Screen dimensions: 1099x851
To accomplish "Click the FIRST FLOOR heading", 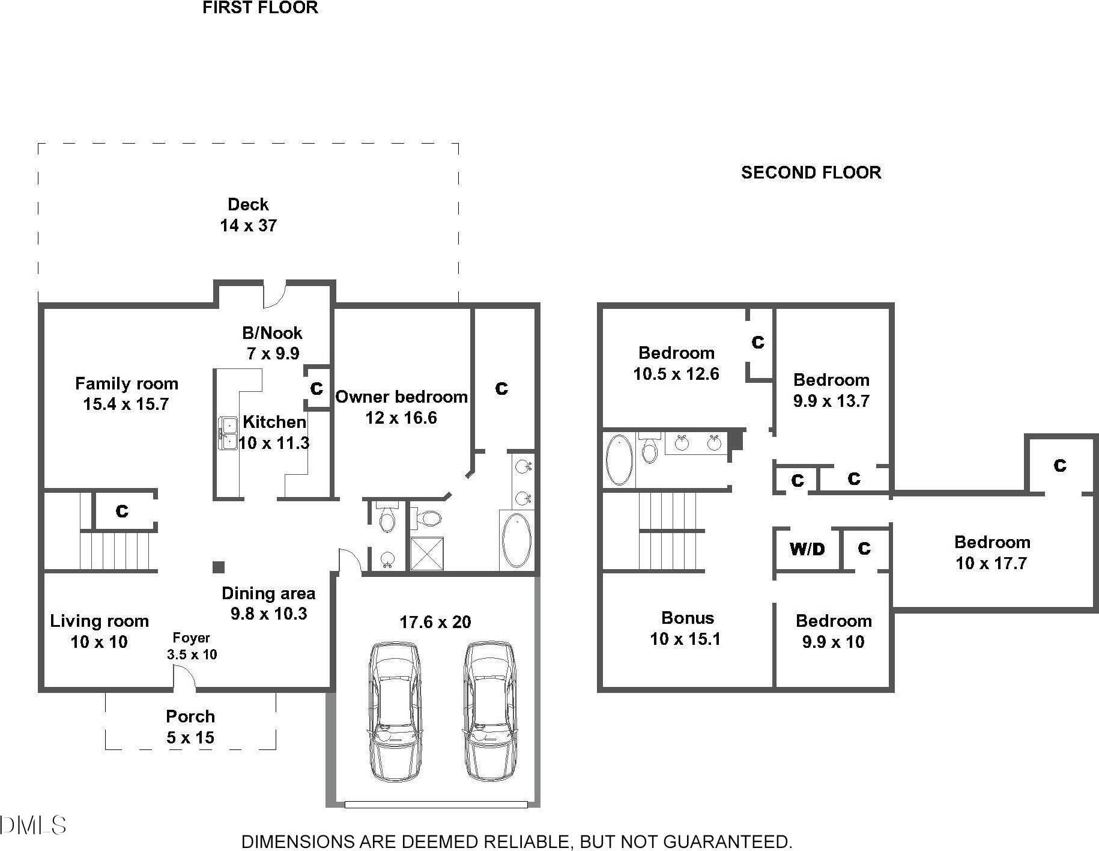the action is click(x=260, y=8).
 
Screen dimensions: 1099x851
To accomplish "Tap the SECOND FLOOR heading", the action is click(x=811, y=172).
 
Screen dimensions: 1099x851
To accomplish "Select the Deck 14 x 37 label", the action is click(x=248, y=215).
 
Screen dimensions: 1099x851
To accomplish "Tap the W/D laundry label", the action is click(x=807, y=549).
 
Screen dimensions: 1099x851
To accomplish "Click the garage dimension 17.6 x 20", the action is click(x=435, y=622).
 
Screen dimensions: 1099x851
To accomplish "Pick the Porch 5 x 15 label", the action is click(x=190, y=727).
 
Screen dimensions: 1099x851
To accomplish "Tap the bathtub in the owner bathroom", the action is click(x=516, y=540).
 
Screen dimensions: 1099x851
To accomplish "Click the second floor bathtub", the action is click(x=619, y=460).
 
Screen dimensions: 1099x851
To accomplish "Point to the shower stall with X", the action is click(x=426, y=553).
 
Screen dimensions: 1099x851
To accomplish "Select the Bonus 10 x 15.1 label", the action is click(x=686, y=628).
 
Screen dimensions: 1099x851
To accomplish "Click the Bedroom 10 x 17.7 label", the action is click(x=992, y=552).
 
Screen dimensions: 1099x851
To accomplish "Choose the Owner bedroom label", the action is click(x=401, y=407).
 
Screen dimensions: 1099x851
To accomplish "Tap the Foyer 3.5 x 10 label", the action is click(x=192, y=646).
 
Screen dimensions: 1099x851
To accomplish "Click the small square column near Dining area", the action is click(x=219, y=567).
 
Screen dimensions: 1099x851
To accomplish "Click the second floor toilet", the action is click(x=649, y=448).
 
